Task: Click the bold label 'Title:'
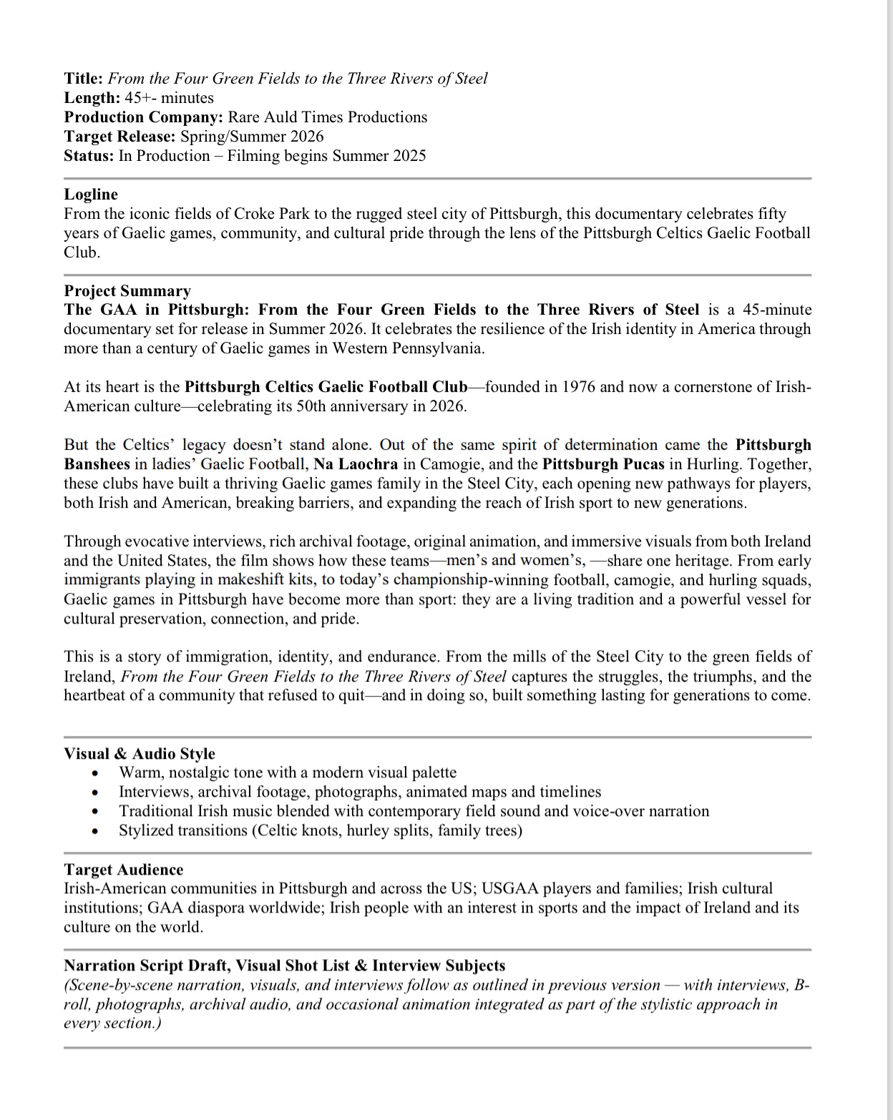84,79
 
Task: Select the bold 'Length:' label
92,98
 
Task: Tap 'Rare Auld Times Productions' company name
327,117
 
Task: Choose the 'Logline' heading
91,195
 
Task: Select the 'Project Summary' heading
127,291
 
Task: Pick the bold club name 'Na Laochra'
356,464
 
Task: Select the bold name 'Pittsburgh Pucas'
603,464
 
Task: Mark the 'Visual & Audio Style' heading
140,754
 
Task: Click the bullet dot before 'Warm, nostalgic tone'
94,774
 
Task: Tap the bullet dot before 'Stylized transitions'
94,832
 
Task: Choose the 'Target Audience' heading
123,870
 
